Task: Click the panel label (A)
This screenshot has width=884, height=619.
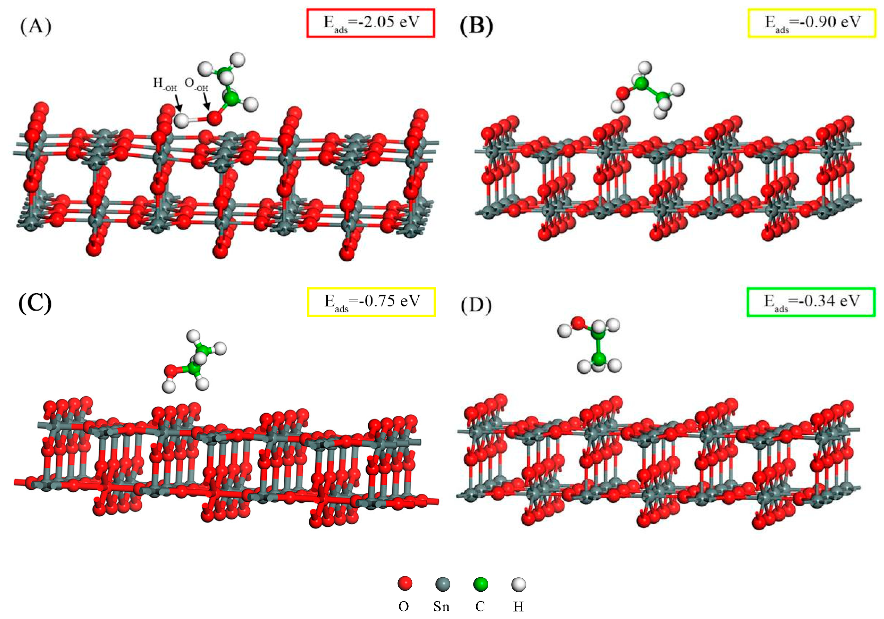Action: click(x=35, y=27)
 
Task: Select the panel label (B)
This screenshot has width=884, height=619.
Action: click(x=476, y=27)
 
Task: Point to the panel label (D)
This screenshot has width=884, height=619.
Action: click(x=476, y=305)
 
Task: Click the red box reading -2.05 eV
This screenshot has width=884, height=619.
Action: click(x=370, y=23)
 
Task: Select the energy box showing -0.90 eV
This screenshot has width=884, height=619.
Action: click(x=812, y=23)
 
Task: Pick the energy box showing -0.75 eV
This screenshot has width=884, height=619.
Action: click(x=371, y=302)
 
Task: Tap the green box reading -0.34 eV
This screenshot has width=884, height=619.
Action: click(x=811, y=302)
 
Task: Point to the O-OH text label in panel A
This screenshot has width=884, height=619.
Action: click(x=196, y=84)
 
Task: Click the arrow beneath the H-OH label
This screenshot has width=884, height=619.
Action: click(x=178, y=103)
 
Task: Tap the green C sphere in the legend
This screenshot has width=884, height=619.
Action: click(x=480, y=584)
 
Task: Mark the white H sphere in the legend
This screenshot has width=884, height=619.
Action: click(x=518, y=584)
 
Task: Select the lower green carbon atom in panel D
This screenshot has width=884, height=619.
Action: click(x=598, y=359)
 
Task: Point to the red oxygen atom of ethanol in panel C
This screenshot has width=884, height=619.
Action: click(x=171, y=371)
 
